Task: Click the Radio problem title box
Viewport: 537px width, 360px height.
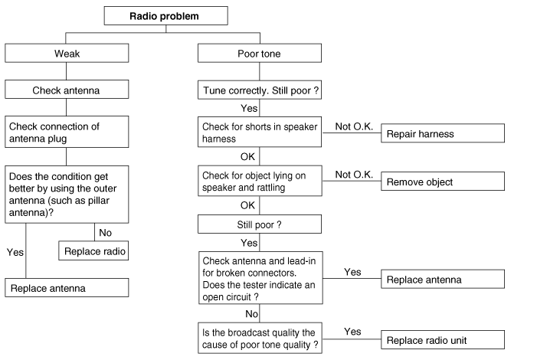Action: pyautogui.click(x=165, y=15)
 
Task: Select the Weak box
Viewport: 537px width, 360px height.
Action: pyautogui.click(x=67, y=54)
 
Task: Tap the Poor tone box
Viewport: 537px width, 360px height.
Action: pyautogui.click(x=260, y=54)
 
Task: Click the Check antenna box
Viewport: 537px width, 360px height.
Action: pyautogui.click(x=67, y=90)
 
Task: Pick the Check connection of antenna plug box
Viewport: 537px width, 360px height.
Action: pyautogui.click(x=67, y=132)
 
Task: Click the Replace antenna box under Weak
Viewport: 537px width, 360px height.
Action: pyautogui.click(x=67, y=289)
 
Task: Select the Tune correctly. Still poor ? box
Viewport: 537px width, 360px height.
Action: pyautogui.click(x=260, y=90)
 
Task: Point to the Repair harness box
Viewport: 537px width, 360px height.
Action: pyautogui.click(x=443, y=133)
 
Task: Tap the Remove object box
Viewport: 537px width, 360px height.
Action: pyautogui.click(x=443, y=182)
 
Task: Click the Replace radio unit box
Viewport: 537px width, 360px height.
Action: pyautogui.click(x=443, y=339)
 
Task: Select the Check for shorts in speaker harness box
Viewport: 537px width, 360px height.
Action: pyautogui.click(x=260, y=132)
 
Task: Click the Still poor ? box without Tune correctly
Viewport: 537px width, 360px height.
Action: pyautogui.click(x=260, y=225)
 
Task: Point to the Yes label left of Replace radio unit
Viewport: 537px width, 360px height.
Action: pyautogui.click(x=352, y=332)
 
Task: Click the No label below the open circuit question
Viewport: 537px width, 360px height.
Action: pyautogui.click(x=250, y=313)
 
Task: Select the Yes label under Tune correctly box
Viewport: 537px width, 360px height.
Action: pyautogui.click(x=249, y=108)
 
